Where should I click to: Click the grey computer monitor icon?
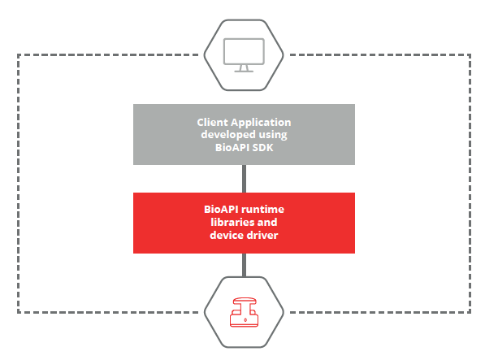(244, 55)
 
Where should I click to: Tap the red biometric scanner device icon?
(244, 312)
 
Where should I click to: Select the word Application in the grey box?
(261, 123)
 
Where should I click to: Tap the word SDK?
(262, 148)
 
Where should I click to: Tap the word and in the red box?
(267, 222)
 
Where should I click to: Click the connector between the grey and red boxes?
(244, 179)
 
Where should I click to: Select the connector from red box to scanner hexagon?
(244, 265)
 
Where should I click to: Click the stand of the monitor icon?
(244, 68)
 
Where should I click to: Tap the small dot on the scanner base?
(245, 320)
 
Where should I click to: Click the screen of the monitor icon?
(244, 51)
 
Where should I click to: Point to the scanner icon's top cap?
(244, 300)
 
